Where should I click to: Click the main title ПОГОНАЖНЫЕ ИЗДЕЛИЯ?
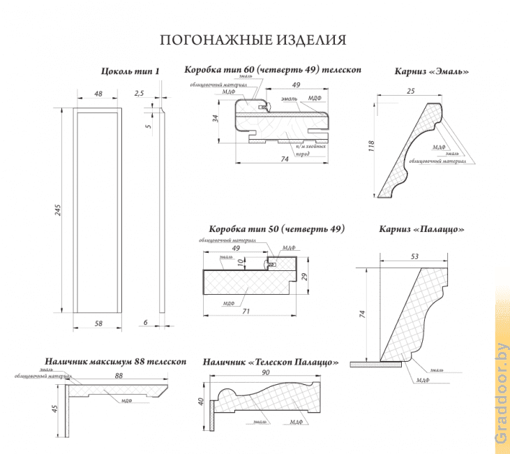pos(253,40)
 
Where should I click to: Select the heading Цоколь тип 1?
pos(130,71)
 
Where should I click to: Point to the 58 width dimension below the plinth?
pos(98,323)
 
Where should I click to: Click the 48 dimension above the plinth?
pos(98,94)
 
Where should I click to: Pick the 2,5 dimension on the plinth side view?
pos(139,93)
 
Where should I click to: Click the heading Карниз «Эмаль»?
pos(431,71)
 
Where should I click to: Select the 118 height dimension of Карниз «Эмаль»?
pos(372,146)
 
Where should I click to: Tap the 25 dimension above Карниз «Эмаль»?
pos(410,91)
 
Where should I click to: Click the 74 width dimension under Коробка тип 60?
pos(284,159)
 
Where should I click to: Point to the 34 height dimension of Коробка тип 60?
pos(216,118)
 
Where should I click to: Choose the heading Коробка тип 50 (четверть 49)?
pos(277,229)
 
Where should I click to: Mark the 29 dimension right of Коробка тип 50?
pos(304,277)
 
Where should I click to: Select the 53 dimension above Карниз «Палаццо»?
pos(414,257)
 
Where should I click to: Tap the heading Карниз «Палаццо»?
pos(421,229)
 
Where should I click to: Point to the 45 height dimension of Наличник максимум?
pos(54,409)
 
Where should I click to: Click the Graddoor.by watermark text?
pos(502,393)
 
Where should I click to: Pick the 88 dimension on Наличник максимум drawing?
pos(119,376)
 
